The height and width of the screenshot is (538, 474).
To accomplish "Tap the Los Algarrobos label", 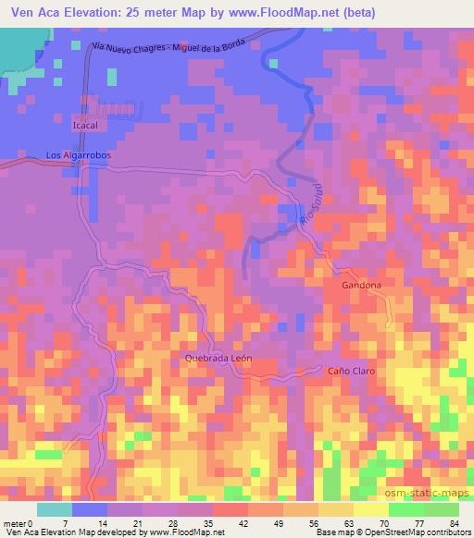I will tap(79, 155).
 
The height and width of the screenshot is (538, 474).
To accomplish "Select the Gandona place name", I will tap(361, 286).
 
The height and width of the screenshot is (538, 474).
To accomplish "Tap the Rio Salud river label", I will tap(309, 215).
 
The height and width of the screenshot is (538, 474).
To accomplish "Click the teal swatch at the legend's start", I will tap(55, 509).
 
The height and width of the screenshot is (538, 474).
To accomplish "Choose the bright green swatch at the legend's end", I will tap(440, 509).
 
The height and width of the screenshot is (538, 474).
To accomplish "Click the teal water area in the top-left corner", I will tap(19, 51).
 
